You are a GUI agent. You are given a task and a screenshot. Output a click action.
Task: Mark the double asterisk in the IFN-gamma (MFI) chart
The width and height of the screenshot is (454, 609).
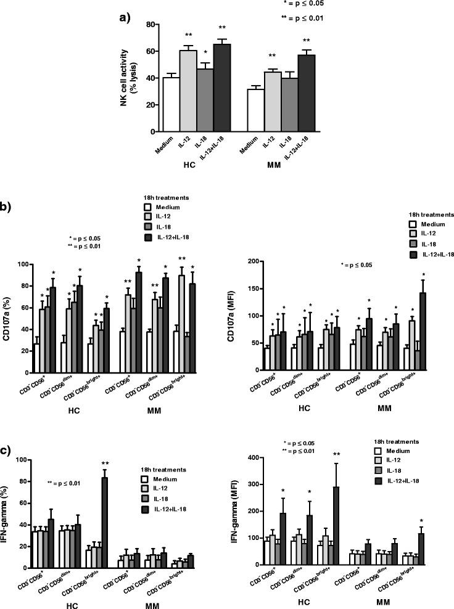[336, 454]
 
